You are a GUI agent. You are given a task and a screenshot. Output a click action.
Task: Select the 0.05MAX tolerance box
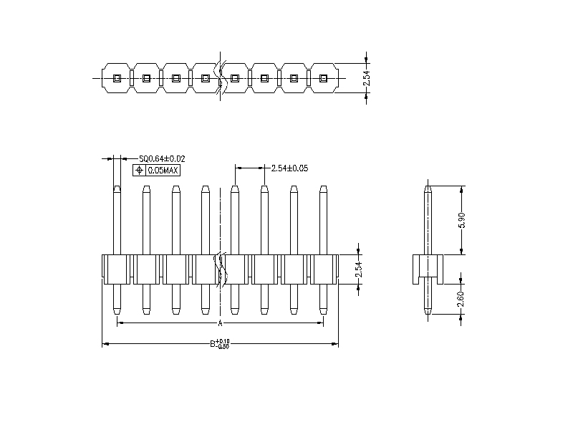(163, 171)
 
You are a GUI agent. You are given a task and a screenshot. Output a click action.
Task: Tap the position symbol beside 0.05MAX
(139, 171)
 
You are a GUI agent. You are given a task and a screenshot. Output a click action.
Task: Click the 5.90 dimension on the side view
(462, 220)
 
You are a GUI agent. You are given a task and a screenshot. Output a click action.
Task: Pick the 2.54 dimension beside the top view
(367, 78)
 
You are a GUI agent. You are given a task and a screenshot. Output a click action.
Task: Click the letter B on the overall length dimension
(213, 344)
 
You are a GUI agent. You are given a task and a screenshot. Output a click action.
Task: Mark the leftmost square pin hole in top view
(116, 78)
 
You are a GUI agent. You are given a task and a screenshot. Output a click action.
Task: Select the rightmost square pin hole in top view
(323, 78)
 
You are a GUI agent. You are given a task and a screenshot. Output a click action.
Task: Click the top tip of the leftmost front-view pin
(116, 188)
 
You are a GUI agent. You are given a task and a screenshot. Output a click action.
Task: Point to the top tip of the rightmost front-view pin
(323, 188)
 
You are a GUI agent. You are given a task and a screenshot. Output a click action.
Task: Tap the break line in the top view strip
(223, 77)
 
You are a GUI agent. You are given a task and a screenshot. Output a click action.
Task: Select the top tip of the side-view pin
(428, 188)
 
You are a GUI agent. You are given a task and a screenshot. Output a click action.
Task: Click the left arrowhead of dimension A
(119, 324)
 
